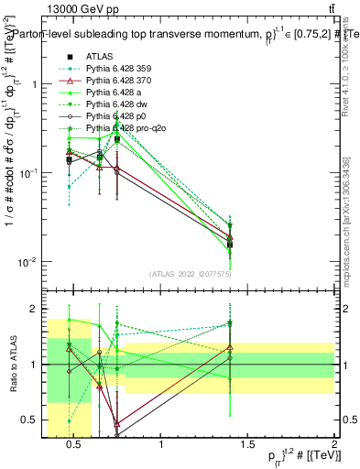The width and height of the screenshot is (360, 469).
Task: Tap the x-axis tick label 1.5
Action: point(248,446)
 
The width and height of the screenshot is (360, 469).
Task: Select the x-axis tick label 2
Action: point(334,446)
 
